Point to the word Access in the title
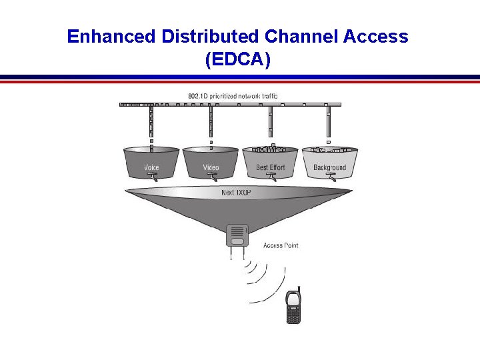[377, 37]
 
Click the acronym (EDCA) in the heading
[238, 60]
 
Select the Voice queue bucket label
[152, 167]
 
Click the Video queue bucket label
[211, 167]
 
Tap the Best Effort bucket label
[270, 167]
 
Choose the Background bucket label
[329, 167]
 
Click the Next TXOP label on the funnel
[236, 193]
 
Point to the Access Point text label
[281, 245]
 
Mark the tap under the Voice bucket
[153, 177]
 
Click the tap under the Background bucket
[329, 177]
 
